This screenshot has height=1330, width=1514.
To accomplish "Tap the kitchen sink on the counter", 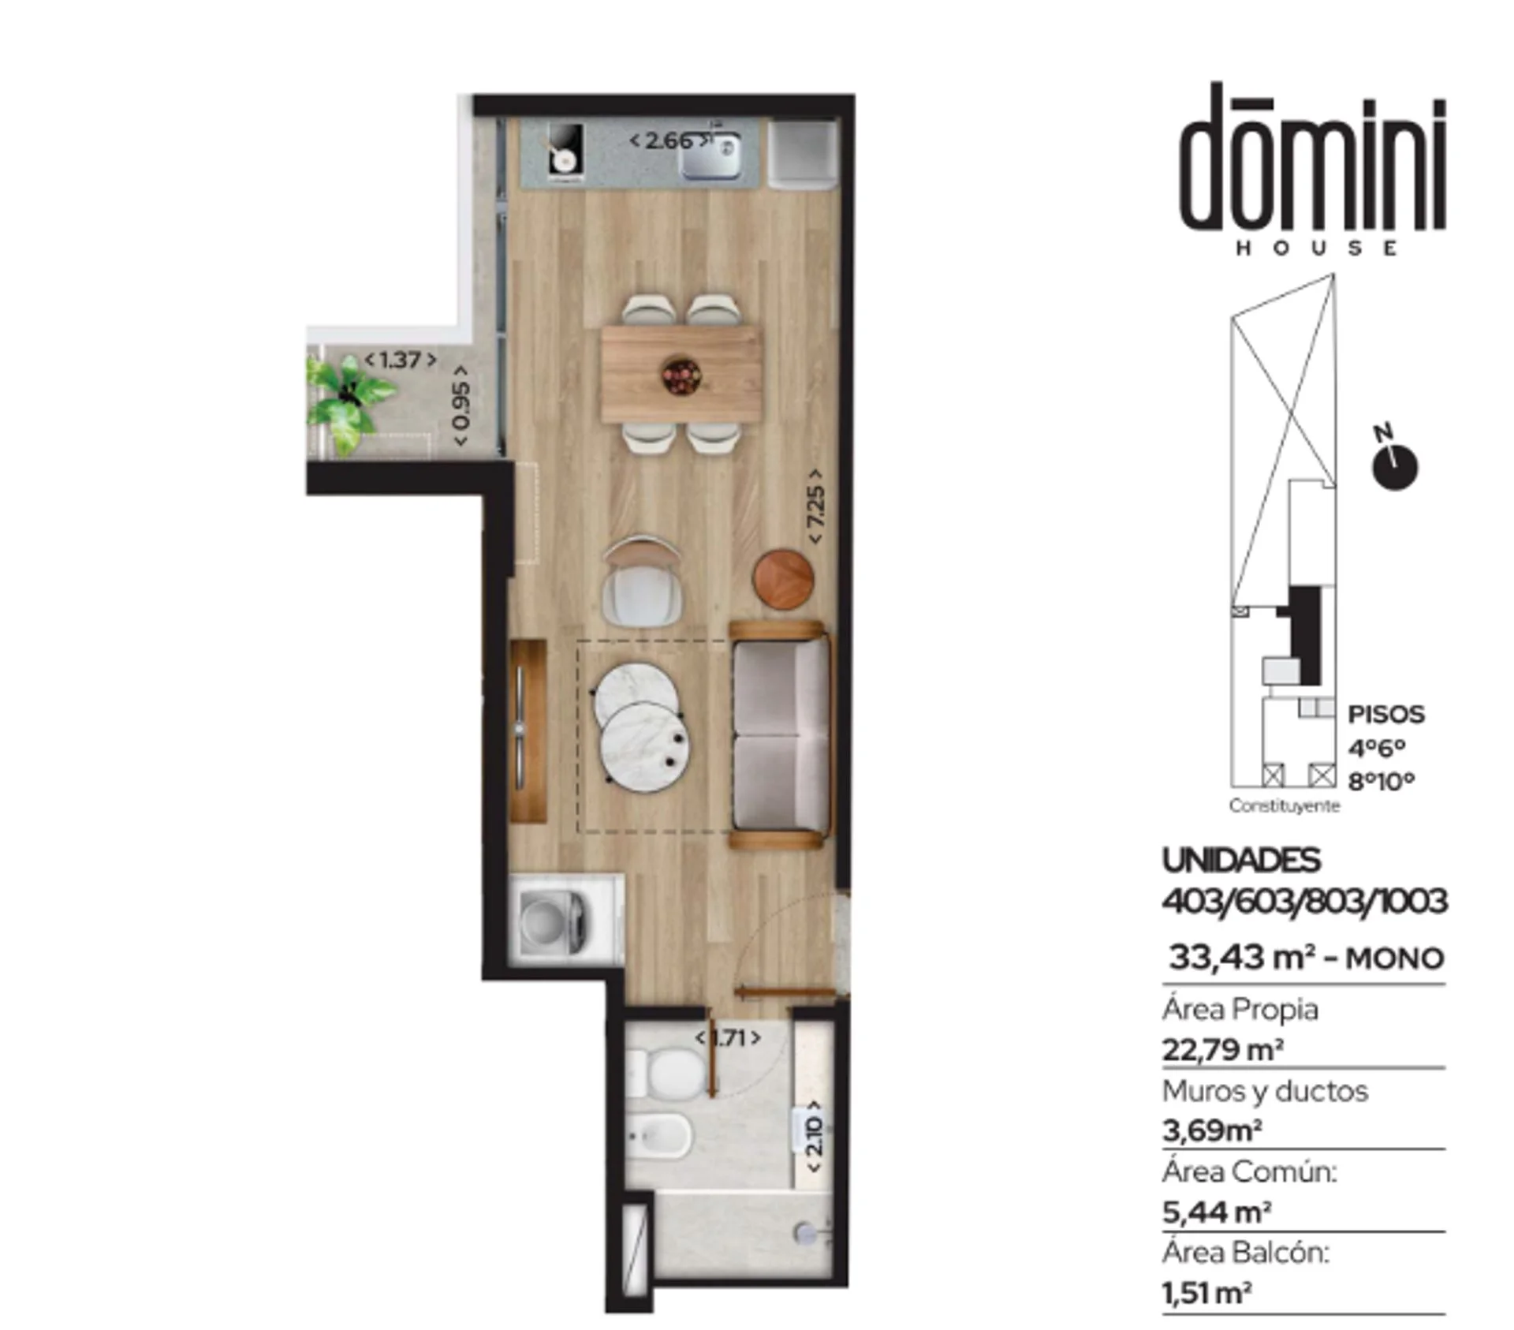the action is click(711, 155).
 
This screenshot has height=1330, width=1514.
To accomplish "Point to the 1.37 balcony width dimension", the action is click(400, 360).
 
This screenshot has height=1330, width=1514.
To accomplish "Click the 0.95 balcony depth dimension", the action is click(461, 405).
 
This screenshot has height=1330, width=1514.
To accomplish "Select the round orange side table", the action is click(784, 580).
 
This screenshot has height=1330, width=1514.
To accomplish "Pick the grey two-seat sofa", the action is click(781, 734).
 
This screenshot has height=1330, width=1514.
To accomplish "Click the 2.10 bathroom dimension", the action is click(815, 1135).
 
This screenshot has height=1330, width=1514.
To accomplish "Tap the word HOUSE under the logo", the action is click(1316, 248).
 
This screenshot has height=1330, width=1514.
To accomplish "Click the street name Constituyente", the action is click(1284, 805).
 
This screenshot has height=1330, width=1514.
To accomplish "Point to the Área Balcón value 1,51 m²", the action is click(1206, 1293).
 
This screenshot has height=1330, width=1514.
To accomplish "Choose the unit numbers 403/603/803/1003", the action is click(1305, 901).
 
